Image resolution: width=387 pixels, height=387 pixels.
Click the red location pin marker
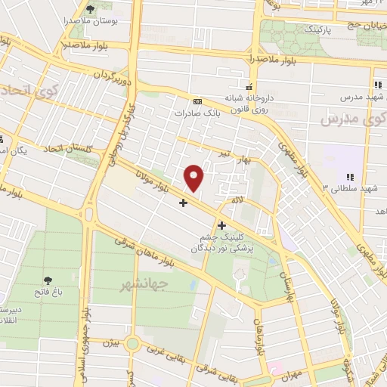point(194,177)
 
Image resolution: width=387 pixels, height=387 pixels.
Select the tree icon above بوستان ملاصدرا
point(90,10)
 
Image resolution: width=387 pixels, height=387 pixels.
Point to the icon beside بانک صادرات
point(197,101)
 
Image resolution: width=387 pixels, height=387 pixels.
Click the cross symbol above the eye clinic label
point(221,224)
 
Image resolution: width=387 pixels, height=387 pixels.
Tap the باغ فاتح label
point(47,291)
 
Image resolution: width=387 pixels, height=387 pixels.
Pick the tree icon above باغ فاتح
point(48,279)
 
